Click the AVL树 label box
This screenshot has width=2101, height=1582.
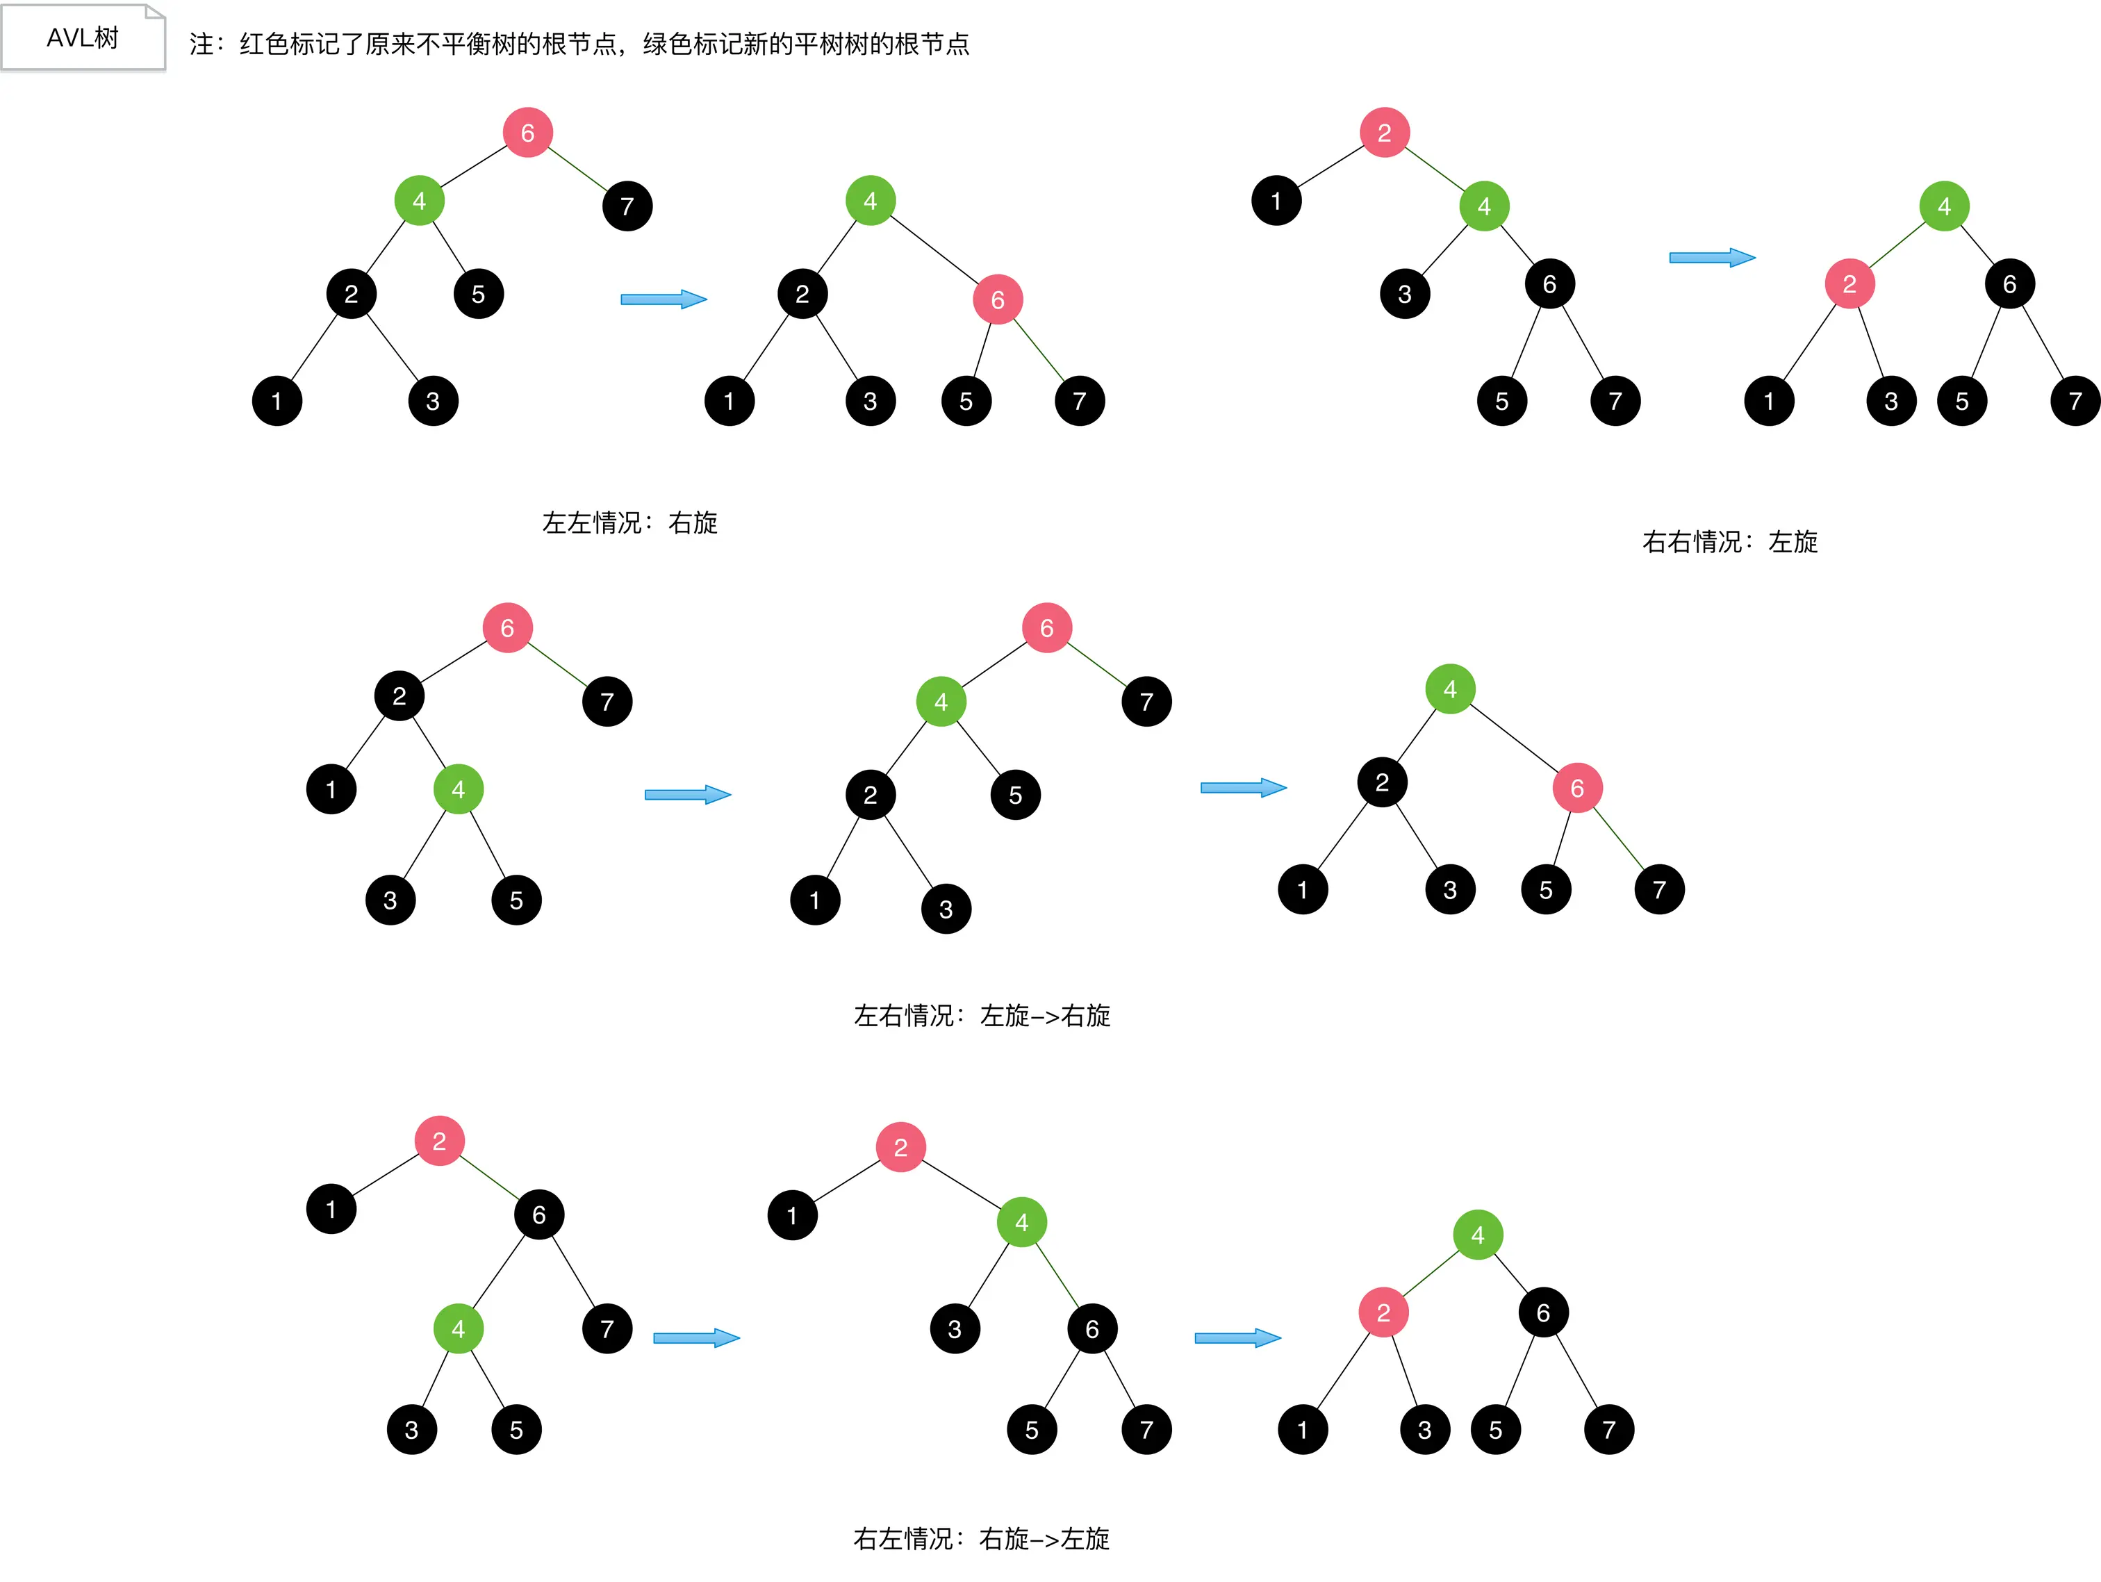tap(83, 38)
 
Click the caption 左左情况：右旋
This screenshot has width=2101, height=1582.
tap(629, 522)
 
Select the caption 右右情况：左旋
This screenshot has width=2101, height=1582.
tap(1729, 541)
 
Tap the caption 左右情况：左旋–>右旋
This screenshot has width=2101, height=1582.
tap(981, 1015)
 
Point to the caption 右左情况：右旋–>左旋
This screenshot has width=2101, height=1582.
tap(981, 1538)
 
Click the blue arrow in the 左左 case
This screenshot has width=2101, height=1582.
tap(663, 299)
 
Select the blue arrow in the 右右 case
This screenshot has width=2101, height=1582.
tap(1711, 257)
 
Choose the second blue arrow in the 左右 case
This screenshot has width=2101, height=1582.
tap(1242, 787)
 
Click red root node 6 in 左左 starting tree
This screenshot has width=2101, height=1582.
tap(527, 132)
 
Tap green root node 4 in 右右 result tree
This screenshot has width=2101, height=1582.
tap(1943, 205)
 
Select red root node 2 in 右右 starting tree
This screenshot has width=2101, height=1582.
tap(1384, 132)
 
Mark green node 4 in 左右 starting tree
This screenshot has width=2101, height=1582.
tap(458, 789)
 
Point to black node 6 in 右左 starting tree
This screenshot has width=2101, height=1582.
tap(538, 1214)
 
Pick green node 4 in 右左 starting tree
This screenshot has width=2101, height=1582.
tap(458, 1328)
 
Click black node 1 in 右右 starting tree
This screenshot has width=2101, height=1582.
tap(1276, 200)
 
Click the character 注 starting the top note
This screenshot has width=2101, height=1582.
tap(201, 44)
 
